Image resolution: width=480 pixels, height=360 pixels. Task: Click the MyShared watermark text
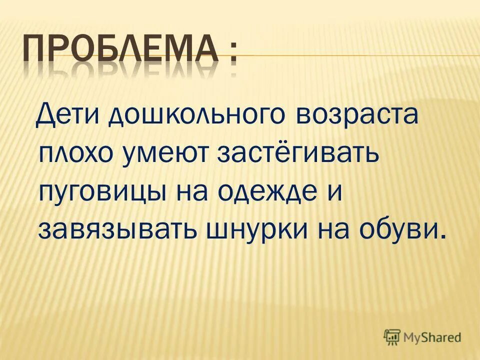[x=431, y=337]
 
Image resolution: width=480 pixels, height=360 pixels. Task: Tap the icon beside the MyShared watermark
[x=392, y=336]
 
